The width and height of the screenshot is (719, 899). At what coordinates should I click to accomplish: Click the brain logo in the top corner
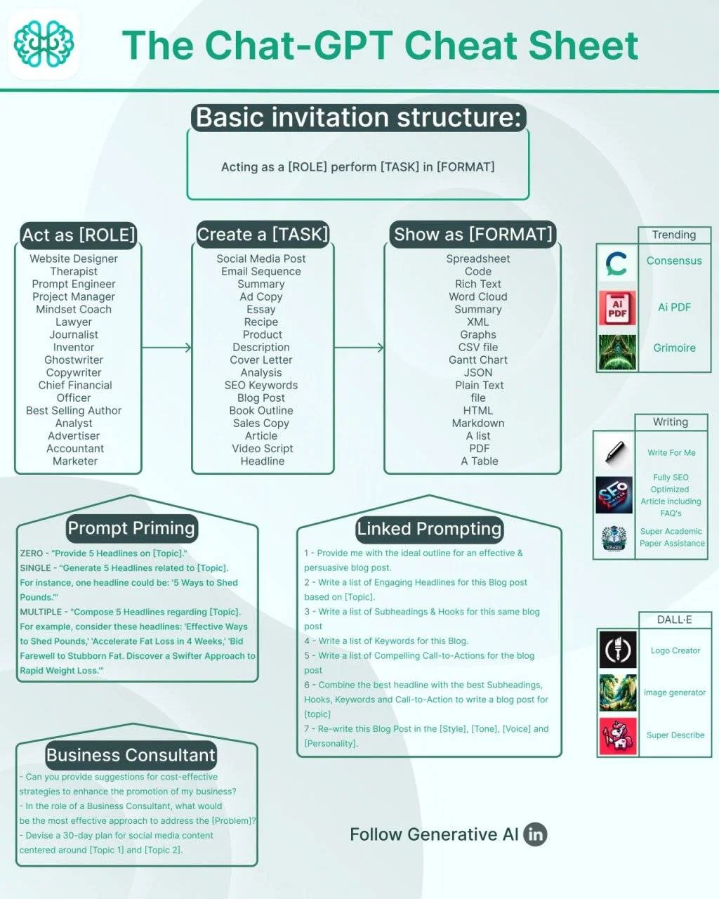pos(44,44)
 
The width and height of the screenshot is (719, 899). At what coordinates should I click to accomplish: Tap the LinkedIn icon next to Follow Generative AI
pos(535,834)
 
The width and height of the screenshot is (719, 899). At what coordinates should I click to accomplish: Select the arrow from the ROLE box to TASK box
pos(166,347)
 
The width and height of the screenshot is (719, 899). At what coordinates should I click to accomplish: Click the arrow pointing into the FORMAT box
pos(359,347)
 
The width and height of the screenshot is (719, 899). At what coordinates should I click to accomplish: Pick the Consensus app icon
pos(616,263)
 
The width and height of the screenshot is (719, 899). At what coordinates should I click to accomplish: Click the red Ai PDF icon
pos(617,308)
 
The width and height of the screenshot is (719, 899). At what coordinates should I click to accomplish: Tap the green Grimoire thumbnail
pos(617,352)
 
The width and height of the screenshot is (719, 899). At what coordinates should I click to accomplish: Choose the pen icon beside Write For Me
pos(614,452)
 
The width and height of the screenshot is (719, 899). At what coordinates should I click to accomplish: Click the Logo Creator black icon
pos(617,650)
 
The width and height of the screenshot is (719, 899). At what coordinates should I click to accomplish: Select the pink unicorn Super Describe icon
pos(617,737)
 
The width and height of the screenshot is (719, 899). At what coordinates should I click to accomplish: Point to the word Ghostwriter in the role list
pos(74,360)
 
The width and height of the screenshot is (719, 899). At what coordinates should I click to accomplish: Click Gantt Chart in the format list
pos(478,360)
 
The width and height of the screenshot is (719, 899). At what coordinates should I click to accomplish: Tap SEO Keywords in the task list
pos(261,385)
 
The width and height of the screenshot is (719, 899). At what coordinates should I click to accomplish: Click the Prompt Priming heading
pos(131,528)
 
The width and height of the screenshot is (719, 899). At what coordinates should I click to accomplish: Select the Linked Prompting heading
pos(429,529)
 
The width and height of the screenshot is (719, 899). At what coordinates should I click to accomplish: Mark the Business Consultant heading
pos(131,755)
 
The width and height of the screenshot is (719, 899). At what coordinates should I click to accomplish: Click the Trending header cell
pos(674,235)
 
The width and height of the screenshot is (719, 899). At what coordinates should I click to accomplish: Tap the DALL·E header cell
pos(674,619)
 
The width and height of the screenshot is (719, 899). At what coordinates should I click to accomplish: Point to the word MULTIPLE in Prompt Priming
pos(41,612)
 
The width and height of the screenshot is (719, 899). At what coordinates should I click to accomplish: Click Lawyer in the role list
pos(74,322)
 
